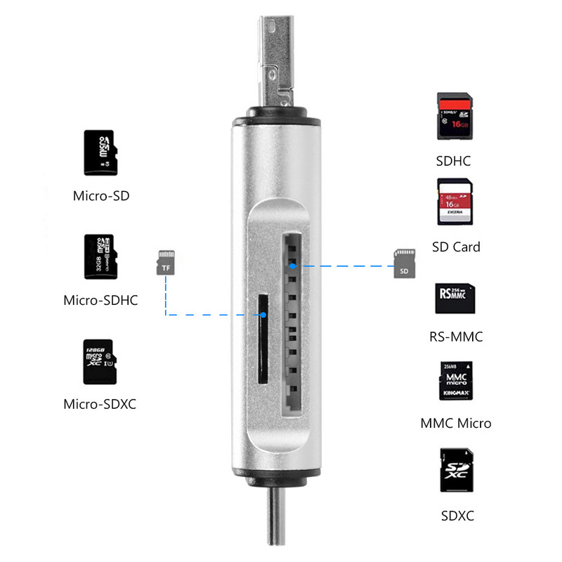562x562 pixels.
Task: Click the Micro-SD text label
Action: point(101,195)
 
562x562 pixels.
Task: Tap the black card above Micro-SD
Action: point(98,152)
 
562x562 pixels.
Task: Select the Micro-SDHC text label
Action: point(100,301)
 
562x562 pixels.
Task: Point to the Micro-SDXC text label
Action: point(100,405)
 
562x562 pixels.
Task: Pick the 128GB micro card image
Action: point(98,361)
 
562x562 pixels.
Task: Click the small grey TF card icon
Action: point(166,261)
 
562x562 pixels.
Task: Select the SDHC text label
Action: point(453,161)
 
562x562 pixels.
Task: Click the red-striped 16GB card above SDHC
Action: point(454,117)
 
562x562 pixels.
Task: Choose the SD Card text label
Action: point(456,247)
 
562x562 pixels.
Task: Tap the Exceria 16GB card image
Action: point(455,202)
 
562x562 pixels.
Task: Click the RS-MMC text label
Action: point(456,336)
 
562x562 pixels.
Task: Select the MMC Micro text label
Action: point(456,424)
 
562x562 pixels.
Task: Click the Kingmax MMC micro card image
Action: point(455,382)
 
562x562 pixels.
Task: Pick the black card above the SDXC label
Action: point(456,470)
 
